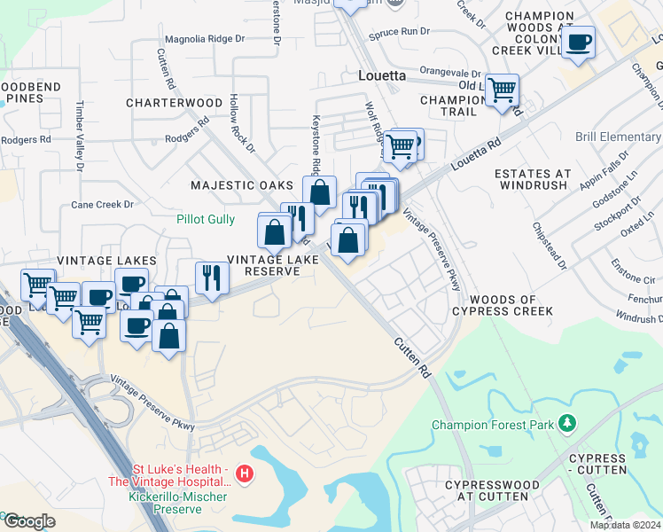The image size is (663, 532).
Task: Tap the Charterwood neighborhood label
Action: (x=174, y=103)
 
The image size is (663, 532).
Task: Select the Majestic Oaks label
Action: (x=242, y=185)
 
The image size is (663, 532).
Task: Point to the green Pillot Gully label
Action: (x=206, y=217)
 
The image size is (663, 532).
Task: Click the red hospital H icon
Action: (x=246, y=475)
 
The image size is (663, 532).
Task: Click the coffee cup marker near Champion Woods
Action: (x=578, y=43)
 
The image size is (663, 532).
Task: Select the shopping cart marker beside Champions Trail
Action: (x=502, y=90)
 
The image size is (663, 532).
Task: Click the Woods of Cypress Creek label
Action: (x=503, y=306)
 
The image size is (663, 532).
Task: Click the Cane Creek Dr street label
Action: (x=102, y=205)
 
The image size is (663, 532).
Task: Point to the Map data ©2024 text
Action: (x=625, y=525)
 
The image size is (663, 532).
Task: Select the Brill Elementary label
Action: (x=618, y=137)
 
